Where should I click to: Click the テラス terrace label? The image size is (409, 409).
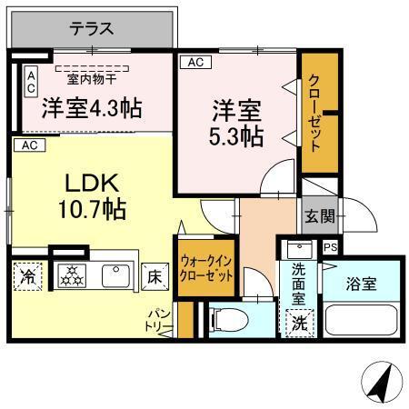coord(93,28)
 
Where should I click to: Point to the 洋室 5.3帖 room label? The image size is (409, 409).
coord(238,125)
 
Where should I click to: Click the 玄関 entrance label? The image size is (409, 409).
coord(319,215)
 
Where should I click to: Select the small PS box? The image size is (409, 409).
coord(330,246)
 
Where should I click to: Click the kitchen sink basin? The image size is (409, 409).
coord(115,275)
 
